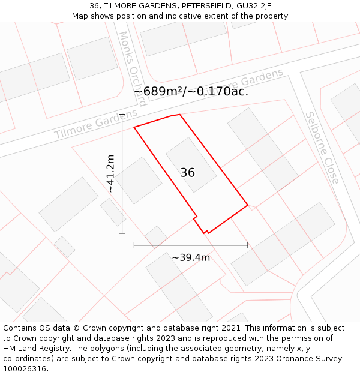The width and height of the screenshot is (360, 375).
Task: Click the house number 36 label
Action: pyautogui.click(x=187, y=173)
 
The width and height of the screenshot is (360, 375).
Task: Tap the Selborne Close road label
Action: pyautogui.click(x=322, y=148)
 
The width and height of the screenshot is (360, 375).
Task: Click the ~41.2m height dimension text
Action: pyautogui.click(x=110, y=173)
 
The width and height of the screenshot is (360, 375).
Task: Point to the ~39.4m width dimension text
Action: pyautogui.click(x=191, y=258)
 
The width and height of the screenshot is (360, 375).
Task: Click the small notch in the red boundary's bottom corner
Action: pyautogui.click(x=206, y=231)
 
